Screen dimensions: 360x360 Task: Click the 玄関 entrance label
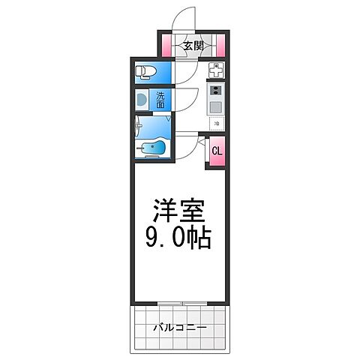click(193, 46)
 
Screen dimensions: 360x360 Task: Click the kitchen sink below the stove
click(215, 106)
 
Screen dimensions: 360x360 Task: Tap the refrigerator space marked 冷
click(215, 123)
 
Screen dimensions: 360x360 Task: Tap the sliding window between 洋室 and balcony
click(180, 304)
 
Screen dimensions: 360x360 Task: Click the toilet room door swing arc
click(184, 70)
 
